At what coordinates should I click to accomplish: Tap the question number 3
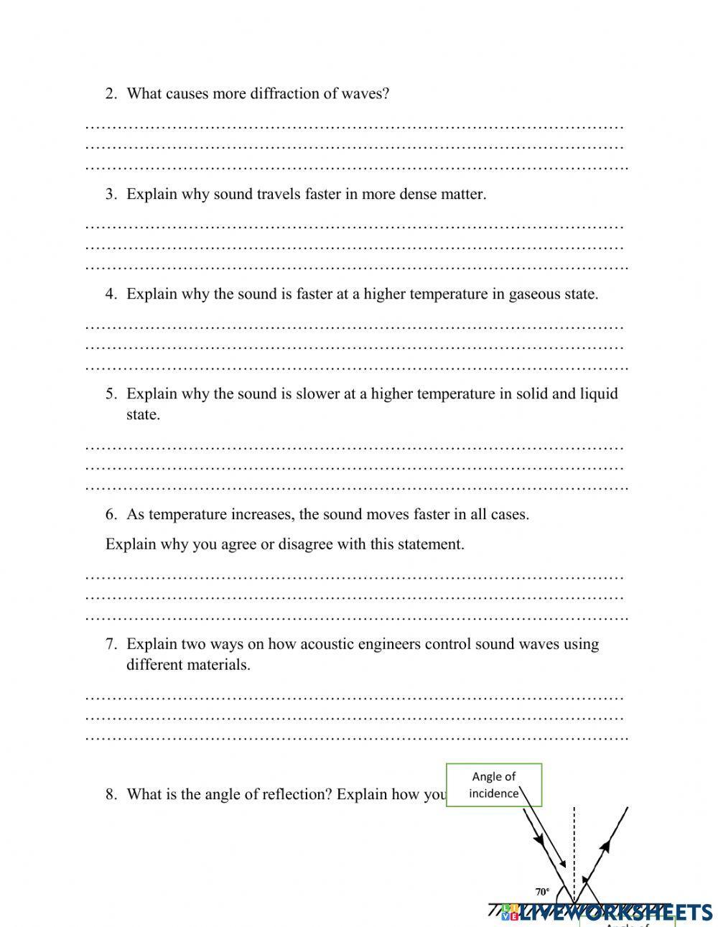tap(111, 194)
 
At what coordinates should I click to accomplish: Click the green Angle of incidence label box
tap(494, 785)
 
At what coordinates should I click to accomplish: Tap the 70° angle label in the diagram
tap(542, 892)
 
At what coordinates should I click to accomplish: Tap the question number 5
tap(111, 393)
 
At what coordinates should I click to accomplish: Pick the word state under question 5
tap(143, 414)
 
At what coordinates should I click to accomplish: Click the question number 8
tap(111, 794)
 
